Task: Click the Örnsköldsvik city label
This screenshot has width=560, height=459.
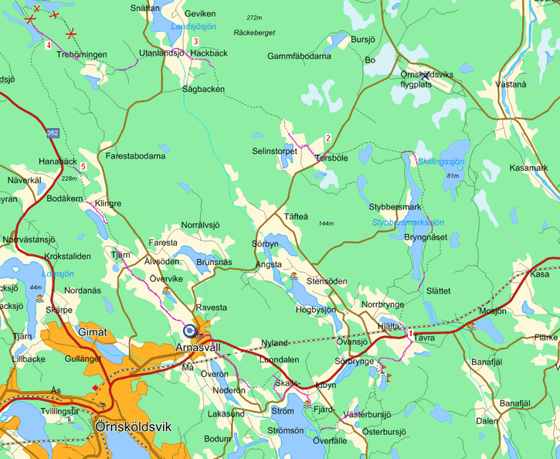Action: coord(131,426)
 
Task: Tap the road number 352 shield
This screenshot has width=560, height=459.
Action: coord(52,133)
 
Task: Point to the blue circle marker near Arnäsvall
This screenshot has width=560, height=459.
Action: coord(190,330)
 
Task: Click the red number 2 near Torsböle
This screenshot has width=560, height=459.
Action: coord(328,138)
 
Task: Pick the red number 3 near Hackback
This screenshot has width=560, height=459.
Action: coord(196,42)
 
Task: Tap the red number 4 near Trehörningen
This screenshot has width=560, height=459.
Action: coord(49,46)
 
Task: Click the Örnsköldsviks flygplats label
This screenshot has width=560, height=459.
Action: coord(427,80)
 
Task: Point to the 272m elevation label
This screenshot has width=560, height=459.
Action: coord(254,18)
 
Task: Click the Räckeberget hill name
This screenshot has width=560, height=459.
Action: coord(254,32)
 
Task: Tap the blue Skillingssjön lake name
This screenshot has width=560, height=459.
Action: coord(441,161)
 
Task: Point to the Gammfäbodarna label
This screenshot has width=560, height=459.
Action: coord(299,56)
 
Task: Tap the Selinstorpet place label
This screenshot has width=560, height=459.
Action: coord(274,151)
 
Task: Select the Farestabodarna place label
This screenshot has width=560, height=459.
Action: coord(135,156)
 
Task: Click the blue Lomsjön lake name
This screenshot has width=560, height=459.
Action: coord(58,274)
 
